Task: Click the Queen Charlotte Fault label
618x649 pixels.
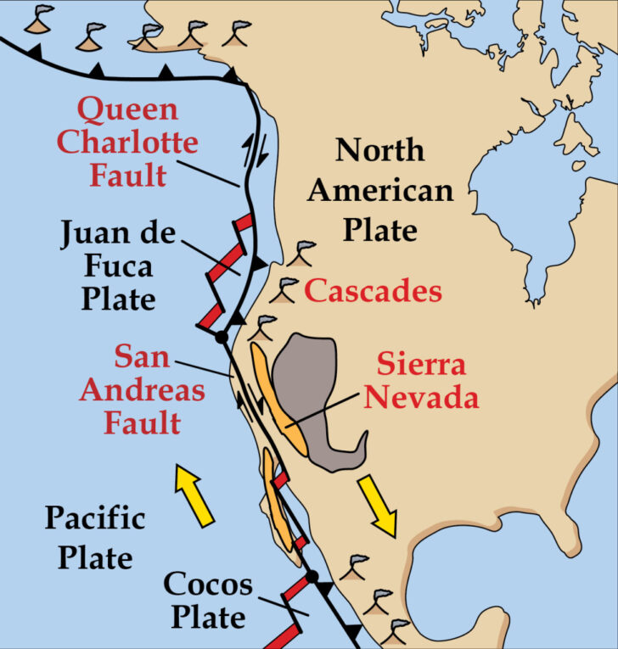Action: tap(127, 142)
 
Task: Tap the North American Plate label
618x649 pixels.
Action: tap(379, 190)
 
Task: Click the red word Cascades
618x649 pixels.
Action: tap(374, 292)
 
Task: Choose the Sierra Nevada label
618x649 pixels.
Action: tap(421, 381)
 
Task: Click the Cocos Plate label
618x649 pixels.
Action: tap(207, 600)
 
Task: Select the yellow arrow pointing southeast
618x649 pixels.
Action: tap(378, 505)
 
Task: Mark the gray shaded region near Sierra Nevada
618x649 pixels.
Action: tap(314, 382)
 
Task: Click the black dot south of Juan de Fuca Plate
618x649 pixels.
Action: tap(222, 337)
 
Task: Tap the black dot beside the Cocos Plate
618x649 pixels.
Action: tap(312, 577)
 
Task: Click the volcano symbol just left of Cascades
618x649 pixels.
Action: tap(289, 286)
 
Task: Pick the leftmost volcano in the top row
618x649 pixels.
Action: tap(37, 23)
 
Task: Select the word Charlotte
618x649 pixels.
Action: tap(127, 142)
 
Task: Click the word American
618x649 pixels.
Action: tap(380, 190)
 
